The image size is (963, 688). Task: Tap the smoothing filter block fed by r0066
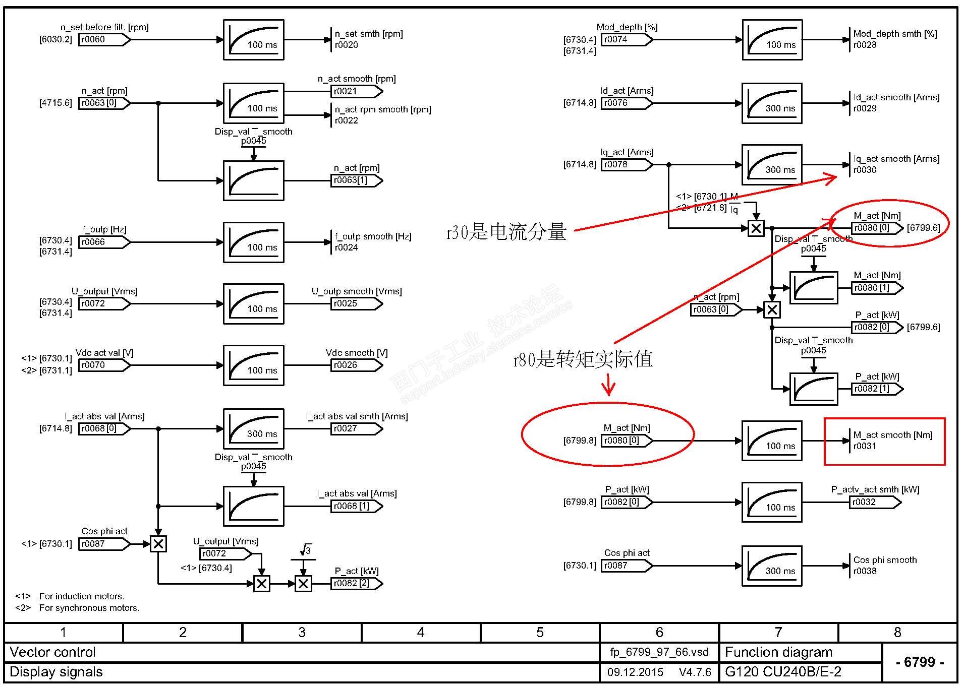click(253, 242)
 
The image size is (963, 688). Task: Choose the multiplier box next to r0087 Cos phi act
click(158, 544)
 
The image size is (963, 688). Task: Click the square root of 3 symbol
click(305, 550)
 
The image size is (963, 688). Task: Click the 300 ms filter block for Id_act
click(772, 103)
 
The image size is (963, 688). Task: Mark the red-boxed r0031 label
click(865, 446)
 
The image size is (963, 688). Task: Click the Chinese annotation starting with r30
click(506, 232)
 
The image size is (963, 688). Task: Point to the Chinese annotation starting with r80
click(583, 359)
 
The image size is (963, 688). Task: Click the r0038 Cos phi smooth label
click(865, 571)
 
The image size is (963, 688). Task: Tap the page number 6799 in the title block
click(919, 662)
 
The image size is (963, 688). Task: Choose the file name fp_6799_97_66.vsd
click(659, 652)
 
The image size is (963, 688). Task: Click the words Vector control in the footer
click(52, 652)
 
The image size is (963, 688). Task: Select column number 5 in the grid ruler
click(540, 633)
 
